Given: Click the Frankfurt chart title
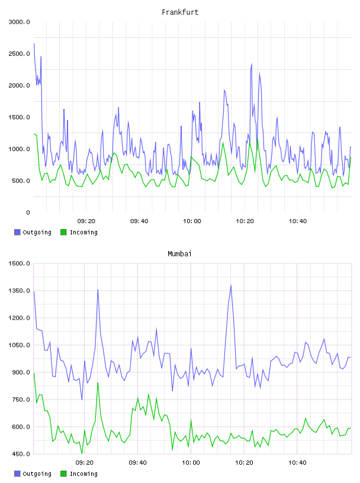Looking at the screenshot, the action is pyautogui.click(x=180, y=12).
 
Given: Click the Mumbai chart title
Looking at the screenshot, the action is pyautogui.click(x=179, y=254).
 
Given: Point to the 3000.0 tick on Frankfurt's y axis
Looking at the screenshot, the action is pyautogui.click(x=19, y=22).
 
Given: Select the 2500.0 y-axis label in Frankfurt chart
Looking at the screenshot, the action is pyautogui.click(x=19, y=54).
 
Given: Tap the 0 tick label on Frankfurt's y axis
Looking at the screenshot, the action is pyautogui.click(x=28, y=212).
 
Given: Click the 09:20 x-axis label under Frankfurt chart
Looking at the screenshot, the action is pyautogui.click(x=86, y=221).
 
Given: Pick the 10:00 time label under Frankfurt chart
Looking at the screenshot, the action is pyautogui.click(x=192, y=221).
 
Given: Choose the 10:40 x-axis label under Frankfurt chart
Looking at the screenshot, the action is pyautogui.click(x=298, y=221).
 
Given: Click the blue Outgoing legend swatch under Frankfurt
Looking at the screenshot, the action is pyautogui.click(x=17, y=232).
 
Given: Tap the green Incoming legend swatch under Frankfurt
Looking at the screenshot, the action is pyautogui.click(x=63, y=232).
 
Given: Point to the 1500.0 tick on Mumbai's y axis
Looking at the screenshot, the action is pyautogui.click(x=19, y=263).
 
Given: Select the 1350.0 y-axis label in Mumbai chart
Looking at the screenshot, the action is pyautogui.click(x=19, y=291).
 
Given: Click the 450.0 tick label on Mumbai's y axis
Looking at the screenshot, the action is pyautogui.click(x=21, y=454).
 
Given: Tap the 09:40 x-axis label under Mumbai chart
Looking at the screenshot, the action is pyautogui.click(x=138, y=463).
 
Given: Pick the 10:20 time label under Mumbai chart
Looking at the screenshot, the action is pyautogui.click(x=244, y=463).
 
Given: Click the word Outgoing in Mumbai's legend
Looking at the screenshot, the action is pyautogui.click(x=37, y=474).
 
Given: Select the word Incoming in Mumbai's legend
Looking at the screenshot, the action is pyautogui.click(x=83, y=474).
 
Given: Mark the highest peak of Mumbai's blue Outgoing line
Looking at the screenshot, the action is pyautogui.click(x=231, y=285).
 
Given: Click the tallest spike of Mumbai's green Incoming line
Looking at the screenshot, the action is pyautogui.click(x=98, y=383).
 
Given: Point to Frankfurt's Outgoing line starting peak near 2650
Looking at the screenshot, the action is pyautogui.click(x=34, y=44).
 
